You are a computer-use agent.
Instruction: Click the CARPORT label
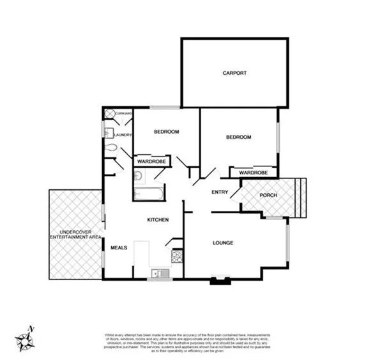pos(234,73)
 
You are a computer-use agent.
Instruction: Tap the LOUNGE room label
pos(222,243)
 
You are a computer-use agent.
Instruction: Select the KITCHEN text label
pos(158,220)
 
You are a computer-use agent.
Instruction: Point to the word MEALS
pos(119,247)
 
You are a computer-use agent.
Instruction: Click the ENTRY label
pos(220,192)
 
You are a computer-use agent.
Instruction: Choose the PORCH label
pos(268,195)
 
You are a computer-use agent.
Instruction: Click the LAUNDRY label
pos(123,135)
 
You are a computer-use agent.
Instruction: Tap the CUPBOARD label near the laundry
pos(123,113)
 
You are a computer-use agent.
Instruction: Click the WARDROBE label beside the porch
pos(253,173)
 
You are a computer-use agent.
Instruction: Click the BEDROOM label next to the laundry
pos(166,132)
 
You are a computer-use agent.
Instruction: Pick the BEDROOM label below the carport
pos(238,137)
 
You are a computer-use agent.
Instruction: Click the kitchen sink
pos(158,274)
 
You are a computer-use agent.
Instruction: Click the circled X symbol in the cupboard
pos(109,114)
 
